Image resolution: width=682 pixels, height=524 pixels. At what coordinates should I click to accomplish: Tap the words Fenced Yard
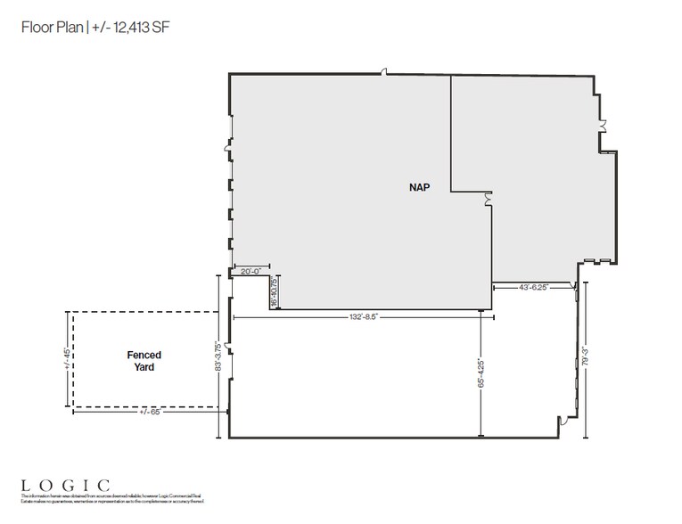pos(144,360)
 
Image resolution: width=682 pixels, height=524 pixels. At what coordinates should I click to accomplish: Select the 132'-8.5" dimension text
pos(356,315)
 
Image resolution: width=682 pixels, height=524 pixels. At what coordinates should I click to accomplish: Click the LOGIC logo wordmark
pos(64,485)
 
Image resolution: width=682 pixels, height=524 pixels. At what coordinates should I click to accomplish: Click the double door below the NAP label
pos(488,201)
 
